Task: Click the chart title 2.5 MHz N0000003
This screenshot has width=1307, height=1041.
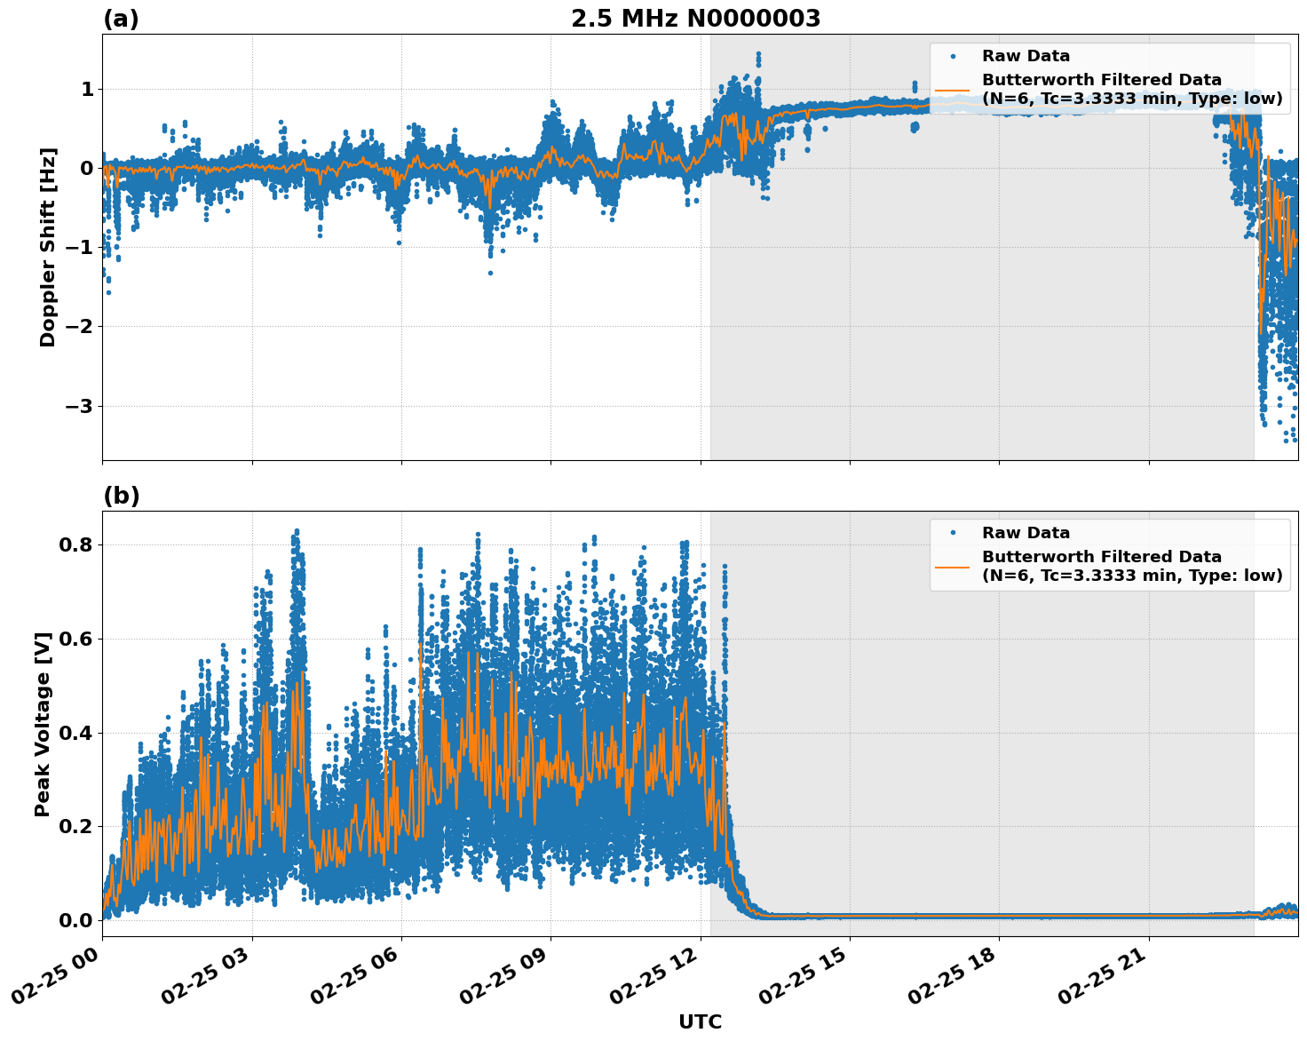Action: click(695, 19)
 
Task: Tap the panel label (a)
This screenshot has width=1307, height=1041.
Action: click(121, 19)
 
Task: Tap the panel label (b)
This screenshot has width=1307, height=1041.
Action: click(121, 496)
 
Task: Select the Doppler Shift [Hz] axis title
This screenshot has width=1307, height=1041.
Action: click(48, 247)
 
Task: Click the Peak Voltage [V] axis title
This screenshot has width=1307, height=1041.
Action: click(43, 724)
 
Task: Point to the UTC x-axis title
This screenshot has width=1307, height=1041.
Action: click(700, 1021)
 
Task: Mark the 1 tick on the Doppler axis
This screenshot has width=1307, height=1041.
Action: click(87, 89)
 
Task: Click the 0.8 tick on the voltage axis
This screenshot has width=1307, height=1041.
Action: click(75, 544)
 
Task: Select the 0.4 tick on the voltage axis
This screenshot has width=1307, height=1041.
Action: click(75, 733)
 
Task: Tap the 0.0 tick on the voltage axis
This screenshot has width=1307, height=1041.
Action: click(75, 920)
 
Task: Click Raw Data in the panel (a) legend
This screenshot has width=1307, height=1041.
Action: click(1026, 56)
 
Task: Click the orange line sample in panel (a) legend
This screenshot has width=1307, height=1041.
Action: click(953, 89)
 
